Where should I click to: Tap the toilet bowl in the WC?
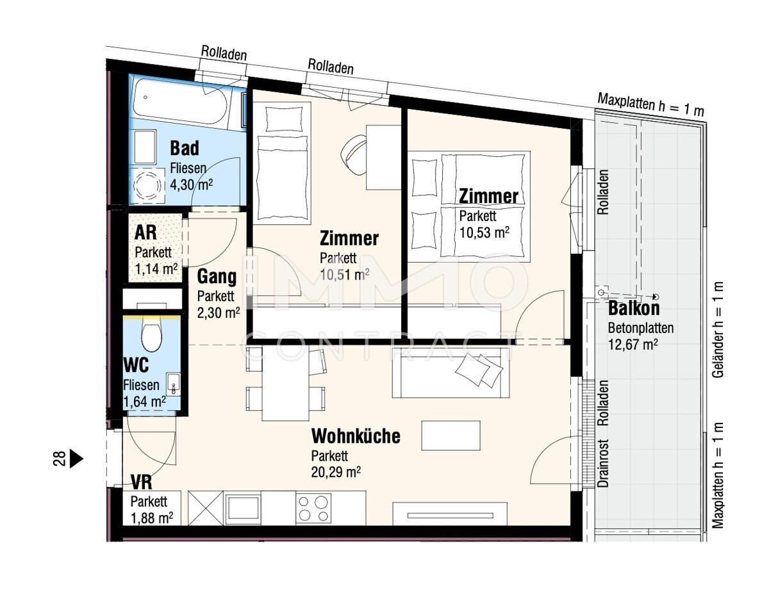[x=151, y=335]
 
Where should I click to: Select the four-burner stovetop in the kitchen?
[x=313, y=508]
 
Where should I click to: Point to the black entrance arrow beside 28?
[x=76, y=459]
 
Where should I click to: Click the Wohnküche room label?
[x=356, y=436]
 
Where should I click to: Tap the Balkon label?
[x=634, y=308]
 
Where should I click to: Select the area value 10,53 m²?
[x=484, y=233]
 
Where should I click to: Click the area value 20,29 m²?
[x=336, y=472]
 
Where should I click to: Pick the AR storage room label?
[x=145, y=233]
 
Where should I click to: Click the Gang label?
[x=217, y=277]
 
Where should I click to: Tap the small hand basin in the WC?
[x=174, y=384]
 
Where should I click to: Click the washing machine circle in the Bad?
[x=147, y=185]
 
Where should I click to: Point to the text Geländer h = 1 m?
[x=718, y=330]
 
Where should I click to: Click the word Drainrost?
[x=603, y=463]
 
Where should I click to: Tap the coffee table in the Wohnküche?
[x=451, y=436]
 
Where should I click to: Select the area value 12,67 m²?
[x=633, y=345]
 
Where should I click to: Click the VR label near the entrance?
[x=142, y=482]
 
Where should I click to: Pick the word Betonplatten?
[x=641, y=328]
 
